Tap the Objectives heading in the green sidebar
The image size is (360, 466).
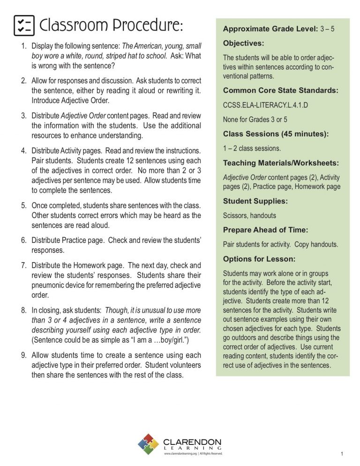click(x=244, y=44)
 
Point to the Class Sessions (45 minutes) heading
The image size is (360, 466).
click(x=276, y=134)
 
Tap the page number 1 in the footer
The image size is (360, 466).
click(x=343, y=453)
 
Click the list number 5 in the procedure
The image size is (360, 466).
click(x=23, y=205)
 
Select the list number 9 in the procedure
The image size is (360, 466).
click(x=23, y=354)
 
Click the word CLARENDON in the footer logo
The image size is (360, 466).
click(x=192, y=442)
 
